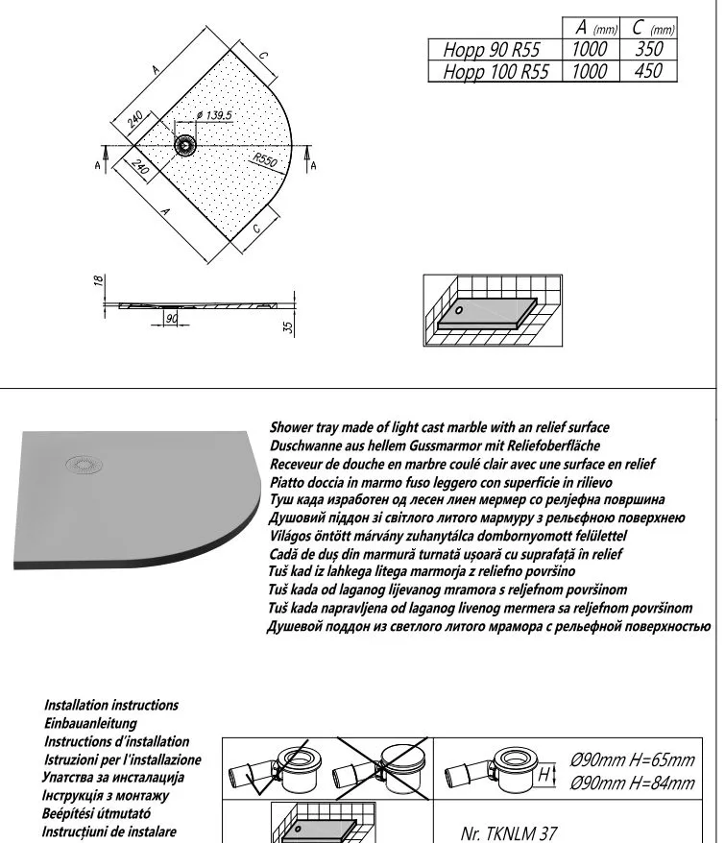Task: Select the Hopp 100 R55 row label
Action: point(496,72)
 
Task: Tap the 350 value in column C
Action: point(650,50)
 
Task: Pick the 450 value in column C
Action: point(650,72)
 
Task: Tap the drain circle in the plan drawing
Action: point(184,145)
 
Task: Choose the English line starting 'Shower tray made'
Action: point(440,427)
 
